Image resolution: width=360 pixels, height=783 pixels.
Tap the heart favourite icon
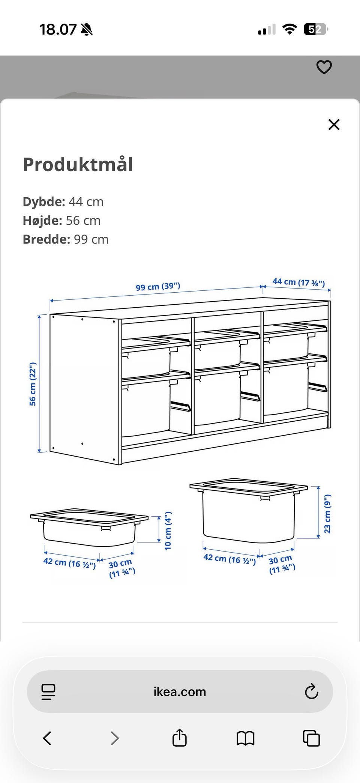(x=324, y=67)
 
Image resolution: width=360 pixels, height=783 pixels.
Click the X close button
(x=334, y=125)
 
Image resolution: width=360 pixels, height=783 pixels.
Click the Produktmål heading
(x=78, y=164)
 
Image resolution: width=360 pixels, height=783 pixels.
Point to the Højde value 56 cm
(x=83, y=221)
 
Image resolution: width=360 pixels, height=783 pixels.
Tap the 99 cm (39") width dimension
(x=158, y=286)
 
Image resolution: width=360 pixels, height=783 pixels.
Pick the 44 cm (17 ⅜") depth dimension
(x=298, y=282)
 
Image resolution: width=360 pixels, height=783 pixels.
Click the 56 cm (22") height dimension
(x=33, y=384)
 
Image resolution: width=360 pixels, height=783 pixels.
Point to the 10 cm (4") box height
(x=168, y=531)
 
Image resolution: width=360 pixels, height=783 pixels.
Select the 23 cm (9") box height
(x=327, y=514)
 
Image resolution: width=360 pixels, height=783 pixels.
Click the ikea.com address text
(x=180, y=691)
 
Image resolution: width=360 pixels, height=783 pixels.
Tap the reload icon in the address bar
(x=311, y=691)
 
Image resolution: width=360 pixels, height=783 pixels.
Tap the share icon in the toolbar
(x=180, y=738)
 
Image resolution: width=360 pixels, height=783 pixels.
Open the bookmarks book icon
(x=246, y=738)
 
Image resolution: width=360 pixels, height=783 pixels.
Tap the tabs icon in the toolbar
(x=311, y=738)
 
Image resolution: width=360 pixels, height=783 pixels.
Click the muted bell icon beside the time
(x=87, y=29)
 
